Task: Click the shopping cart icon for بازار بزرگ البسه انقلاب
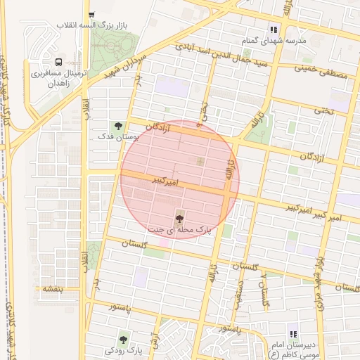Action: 91,14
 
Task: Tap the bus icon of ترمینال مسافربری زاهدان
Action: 58,61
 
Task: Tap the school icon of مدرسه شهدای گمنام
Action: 274,30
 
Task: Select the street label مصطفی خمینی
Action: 320,71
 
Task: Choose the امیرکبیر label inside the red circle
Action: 167,181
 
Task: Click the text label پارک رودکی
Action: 124,350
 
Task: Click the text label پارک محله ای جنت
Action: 179,230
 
